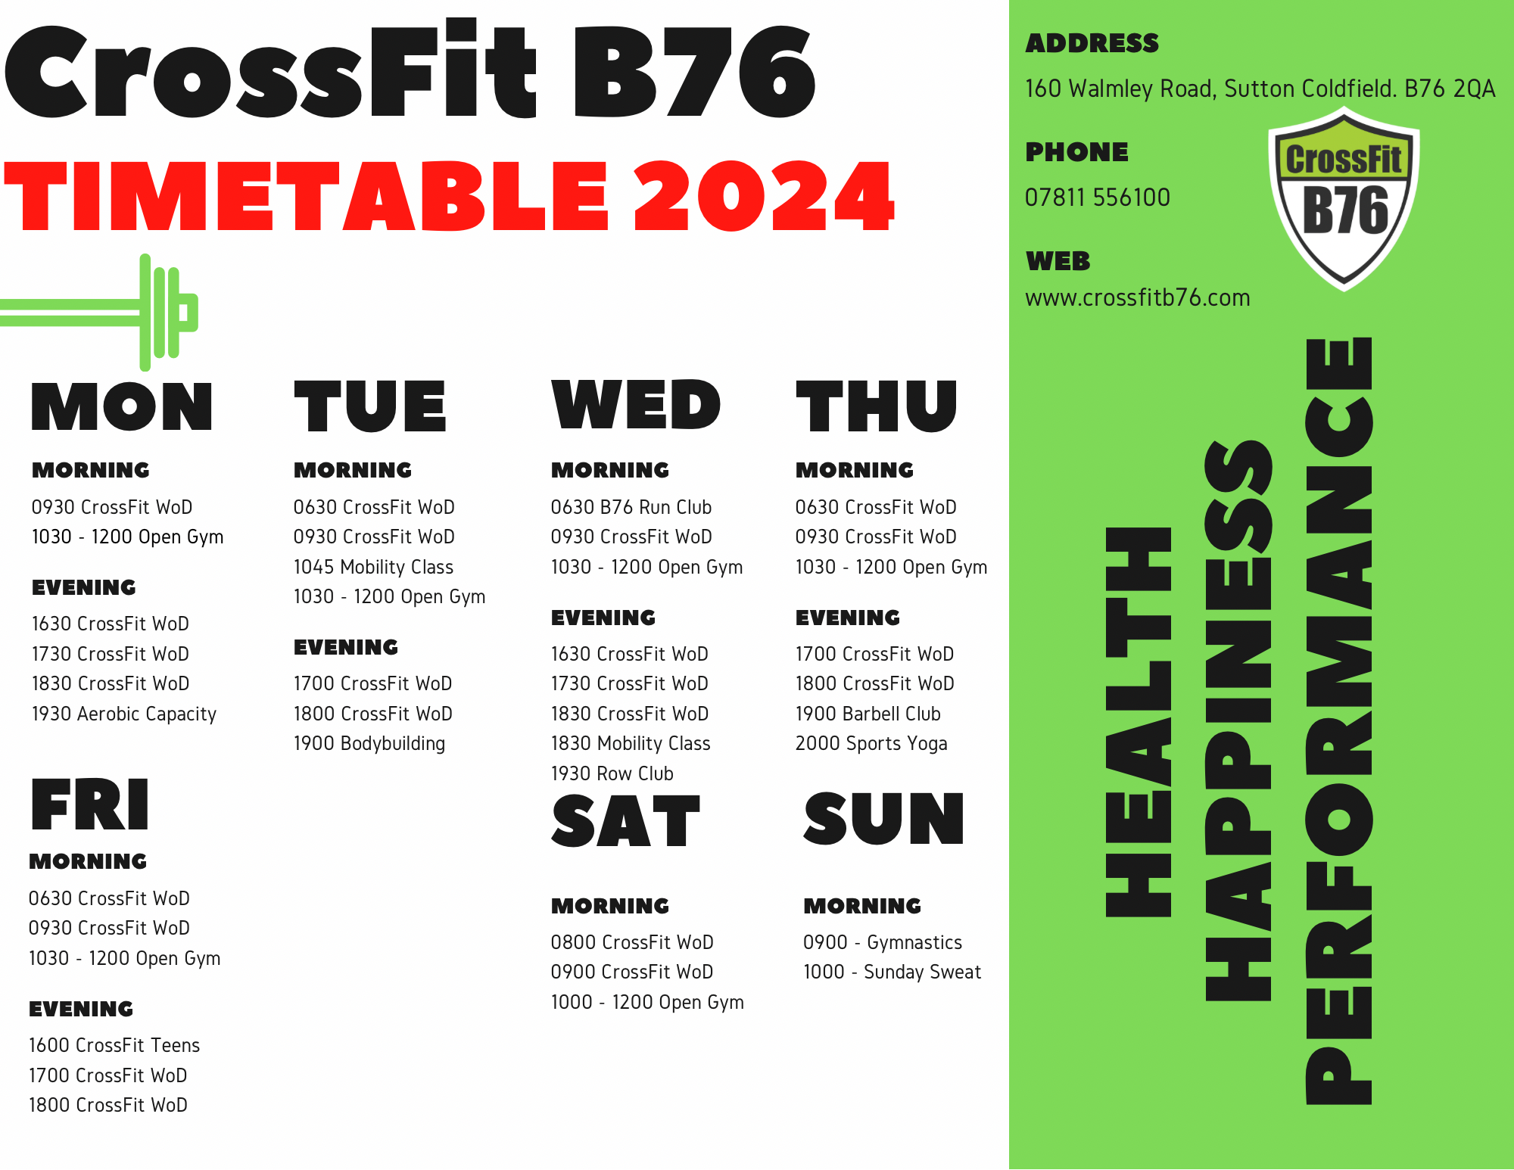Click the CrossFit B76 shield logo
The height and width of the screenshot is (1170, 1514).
click(1344, 198)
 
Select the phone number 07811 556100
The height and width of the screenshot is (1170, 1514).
click(1097, 198)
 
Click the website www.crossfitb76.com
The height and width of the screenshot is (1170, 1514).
click(1137, 297)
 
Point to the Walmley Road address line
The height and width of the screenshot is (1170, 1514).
click(1260, 89)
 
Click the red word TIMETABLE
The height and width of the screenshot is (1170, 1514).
click(306, 196)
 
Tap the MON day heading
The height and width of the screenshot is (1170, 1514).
click(122, 406)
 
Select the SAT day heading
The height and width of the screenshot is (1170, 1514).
click(625, 820)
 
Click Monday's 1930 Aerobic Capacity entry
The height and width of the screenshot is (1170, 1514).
click(124, 714)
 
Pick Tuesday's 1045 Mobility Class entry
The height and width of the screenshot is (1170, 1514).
click(373, 567)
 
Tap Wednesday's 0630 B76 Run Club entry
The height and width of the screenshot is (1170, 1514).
click(631, 507)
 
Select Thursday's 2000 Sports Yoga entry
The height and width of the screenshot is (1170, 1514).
click(871, 743)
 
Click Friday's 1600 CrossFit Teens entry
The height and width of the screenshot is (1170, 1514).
click(114, 1045)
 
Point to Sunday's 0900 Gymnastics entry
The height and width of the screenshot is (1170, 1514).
click(883, 942)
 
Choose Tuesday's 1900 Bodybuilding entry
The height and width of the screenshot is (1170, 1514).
click(369, 743)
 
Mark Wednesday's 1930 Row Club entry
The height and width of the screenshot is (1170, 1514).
click(612, 773)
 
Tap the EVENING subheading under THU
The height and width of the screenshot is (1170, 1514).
click(848, 618)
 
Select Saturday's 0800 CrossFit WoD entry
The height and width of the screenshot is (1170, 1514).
click(632, 942)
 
